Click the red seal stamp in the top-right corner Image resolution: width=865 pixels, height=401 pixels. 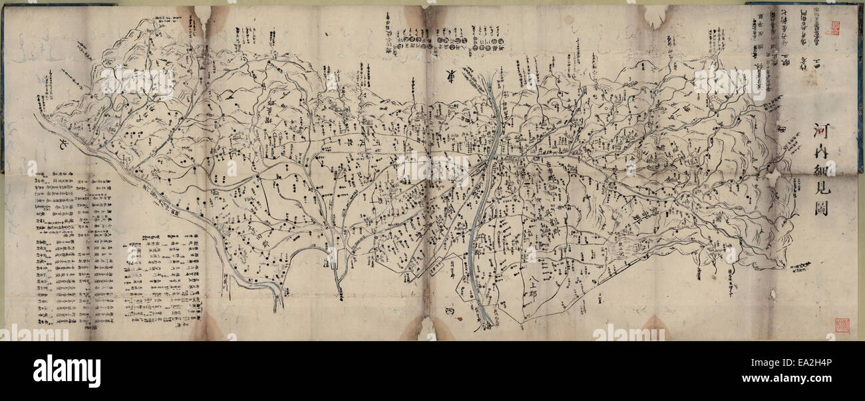(832, 27)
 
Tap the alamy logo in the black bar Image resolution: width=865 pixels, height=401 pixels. (67, 370)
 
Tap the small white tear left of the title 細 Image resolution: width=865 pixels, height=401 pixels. (774, 177)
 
